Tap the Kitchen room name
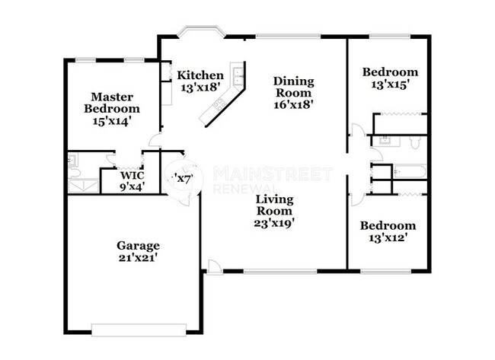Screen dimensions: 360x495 (x=200, y=75)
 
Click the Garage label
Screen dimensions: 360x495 (x=138, y=246)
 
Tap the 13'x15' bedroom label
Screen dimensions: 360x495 (x=390, y=72)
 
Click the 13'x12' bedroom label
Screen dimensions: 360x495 (x=388, y=226)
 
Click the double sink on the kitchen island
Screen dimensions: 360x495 (x=238, y=75)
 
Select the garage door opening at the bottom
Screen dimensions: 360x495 (x=139, y=329)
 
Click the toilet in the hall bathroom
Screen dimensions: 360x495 (x=414, y=142)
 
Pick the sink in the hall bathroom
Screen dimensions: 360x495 (x=384, y=141)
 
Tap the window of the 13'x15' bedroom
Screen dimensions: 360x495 (x=389, y=36)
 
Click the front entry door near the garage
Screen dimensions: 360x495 (x=215, y=267)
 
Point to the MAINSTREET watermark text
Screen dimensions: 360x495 (x=272, y=173)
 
